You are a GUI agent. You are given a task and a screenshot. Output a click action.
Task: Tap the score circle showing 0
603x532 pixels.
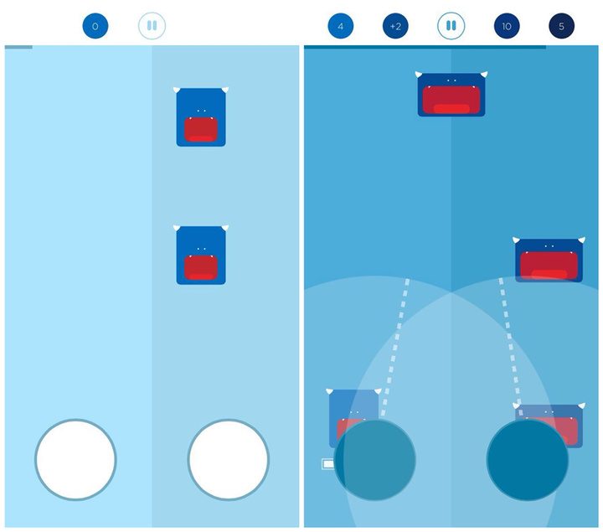(95, 26)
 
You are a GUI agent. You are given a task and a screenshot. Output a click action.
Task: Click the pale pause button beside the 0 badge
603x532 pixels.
(152, 26)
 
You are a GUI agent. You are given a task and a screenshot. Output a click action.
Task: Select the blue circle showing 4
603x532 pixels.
(340, 26)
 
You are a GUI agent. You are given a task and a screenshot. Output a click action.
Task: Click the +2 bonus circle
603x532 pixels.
(395, 26)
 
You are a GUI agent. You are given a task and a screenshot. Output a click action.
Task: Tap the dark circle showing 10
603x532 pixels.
(507, 26)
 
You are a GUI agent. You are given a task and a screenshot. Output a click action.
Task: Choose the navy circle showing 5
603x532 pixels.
(561, 26)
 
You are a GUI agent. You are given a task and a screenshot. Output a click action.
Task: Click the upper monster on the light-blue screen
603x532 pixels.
(201, 117)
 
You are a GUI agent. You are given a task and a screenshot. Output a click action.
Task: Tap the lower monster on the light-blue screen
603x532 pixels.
(201, 255)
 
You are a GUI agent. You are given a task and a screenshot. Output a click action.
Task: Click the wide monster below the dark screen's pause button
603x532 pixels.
(451, 94)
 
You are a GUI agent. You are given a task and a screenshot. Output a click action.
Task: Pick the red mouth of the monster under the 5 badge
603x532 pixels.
(549, 266)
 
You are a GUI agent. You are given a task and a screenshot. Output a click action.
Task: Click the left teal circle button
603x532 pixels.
(375, 460)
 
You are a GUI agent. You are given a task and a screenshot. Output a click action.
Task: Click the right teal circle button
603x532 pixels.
(528, 460)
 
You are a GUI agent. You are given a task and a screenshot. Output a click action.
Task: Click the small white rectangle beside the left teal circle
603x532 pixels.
(327, 464)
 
